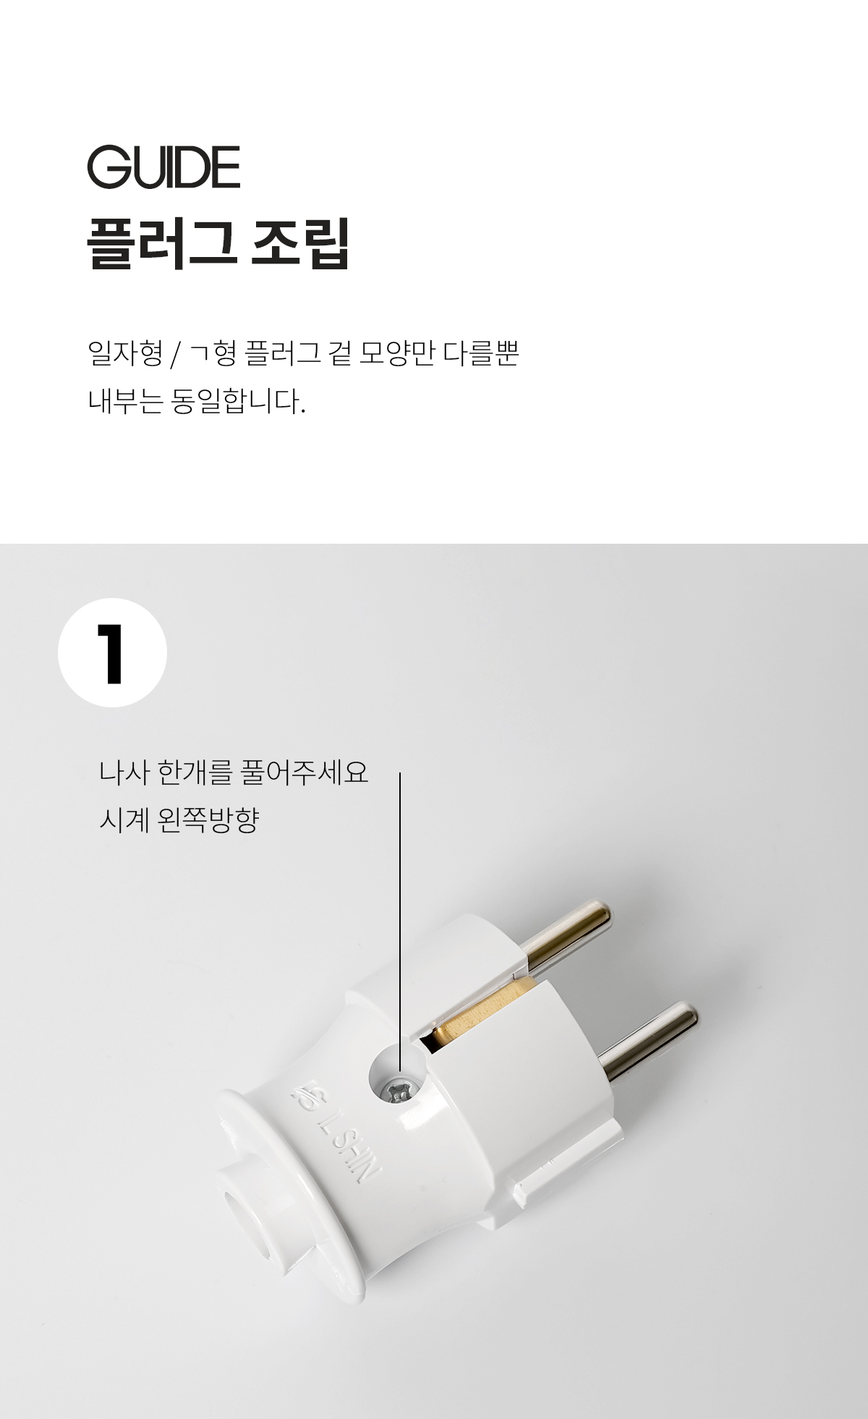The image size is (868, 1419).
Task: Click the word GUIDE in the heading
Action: point(163,167)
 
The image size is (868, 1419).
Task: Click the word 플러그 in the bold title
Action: point(161,243)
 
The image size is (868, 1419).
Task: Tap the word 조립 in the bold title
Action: point(299,243)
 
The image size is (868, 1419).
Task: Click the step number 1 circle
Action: point(112,652)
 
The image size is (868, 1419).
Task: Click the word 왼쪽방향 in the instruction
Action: point(208,820)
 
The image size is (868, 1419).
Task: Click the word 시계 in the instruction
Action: point(124,820)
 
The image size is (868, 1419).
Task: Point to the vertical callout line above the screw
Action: point(400,905)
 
